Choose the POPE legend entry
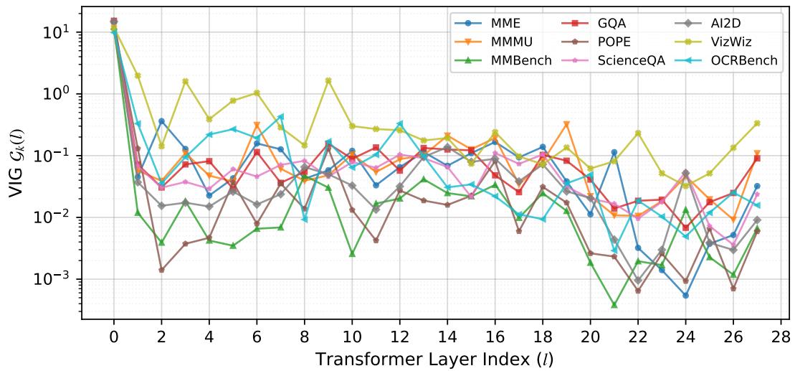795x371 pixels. [619, 42]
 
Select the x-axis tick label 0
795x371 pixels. [113, 336]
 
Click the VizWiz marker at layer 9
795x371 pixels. [328, 80]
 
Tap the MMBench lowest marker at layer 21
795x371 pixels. [614, 305]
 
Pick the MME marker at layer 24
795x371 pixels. [685, 296]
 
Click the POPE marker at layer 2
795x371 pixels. [161, 270]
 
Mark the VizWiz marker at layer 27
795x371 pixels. [757, 123]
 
